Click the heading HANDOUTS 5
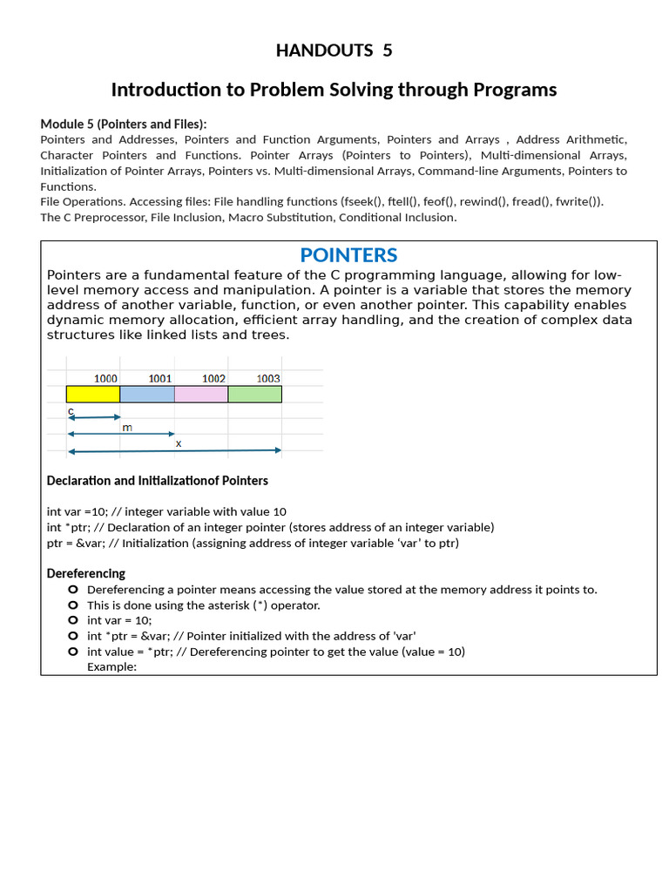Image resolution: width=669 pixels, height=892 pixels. click(334, 51)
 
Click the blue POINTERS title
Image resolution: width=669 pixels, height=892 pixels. click(348, 255)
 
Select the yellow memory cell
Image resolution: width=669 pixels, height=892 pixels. click(93, 394)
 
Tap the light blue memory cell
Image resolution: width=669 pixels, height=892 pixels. click(147, 394)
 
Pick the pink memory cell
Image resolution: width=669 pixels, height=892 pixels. click(201, 394)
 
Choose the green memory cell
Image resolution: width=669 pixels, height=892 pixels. click(254, 394)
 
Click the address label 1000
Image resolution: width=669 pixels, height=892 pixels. click(105, 378)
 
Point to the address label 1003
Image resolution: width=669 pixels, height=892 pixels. click(268, 378)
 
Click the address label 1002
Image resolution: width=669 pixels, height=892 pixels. click(213, 378)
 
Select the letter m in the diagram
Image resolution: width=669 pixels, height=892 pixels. click(127, 427)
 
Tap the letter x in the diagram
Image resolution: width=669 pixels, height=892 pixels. click(179, 443)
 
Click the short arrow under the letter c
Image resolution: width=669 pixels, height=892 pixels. click(93, 418)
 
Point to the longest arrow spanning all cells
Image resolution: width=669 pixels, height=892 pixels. click(174, 450)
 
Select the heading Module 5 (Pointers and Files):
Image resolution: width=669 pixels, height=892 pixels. click(124, 124)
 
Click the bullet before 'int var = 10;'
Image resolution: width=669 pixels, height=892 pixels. click(73, 620)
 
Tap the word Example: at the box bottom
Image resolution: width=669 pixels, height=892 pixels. click(111, 666)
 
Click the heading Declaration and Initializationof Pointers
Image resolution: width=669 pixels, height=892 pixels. click(157, 481)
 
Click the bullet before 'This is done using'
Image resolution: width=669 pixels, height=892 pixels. click(73, 605)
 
